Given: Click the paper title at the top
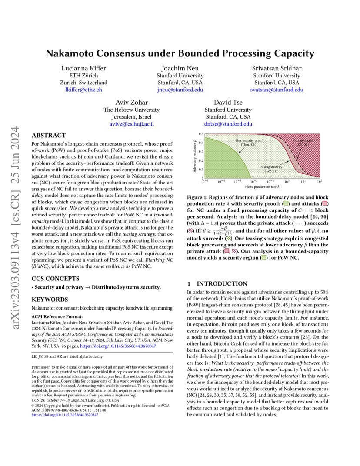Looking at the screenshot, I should tap(180, 53).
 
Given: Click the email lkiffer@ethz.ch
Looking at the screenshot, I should tap(84, 90).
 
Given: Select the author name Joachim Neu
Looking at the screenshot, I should tap(180, 68).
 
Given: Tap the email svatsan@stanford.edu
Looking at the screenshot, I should tap(277, 90).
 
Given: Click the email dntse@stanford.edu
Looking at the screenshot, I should tap(228, 124).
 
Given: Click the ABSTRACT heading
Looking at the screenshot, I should tap(49, 136).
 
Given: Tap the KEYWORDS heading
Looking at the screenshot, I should tap(50, 300).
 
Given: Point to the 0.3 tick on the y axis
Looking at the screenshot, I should tap(201, 152).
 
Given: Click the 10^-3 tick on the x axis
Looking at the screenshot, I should tap(237, 181).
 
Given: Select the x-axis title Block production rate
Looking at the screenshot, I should tap(262, 186).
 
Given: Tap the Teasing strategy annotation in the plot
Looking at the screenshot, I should tap(270, 169).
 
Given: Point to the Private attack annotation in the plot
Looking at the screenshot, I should tap(301, 142).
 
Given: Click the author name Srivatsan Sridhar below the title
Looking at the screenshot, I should tap(277, 68).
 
